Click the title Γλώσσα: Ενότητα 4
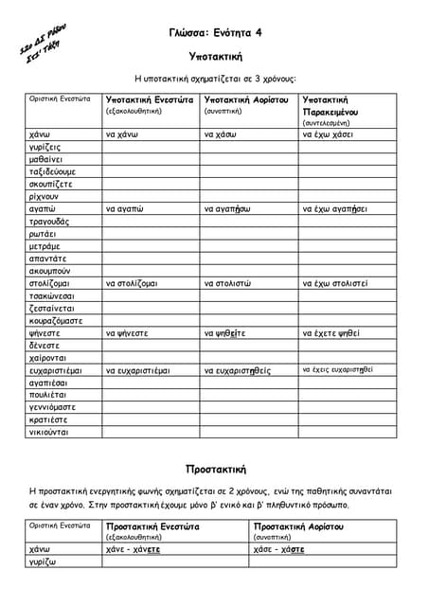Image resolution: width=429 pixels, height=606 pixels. tap(214, 32)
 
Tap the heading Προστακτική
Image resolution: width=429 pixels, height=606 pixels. tap(216, 469)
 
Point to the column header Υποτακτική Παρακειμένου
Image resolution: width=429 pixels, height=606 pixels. tap(325, 105)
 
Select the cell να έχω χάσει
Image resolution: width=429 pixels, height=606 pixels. tap(329, 135)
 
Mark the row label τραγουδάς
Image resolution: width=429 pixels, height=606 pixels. tap(50, 222)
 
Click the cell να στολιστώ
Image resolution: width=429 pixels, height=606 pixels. tap(230, 283)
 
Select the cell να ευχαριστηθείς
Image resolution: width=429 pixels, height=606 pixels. tap(238, 370)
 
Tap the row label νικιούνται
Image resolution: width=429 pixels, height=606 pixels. tap(48, 432)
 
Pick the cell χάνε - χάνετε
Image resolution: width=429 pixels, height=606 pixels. tap(134, 549)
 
